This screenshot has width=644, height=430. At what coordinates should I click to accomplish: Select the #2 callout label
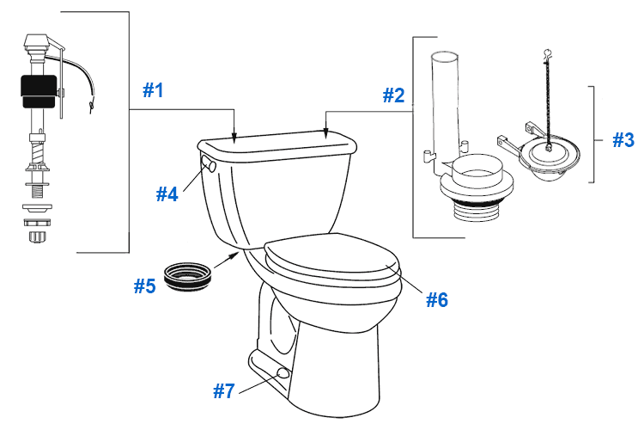click(392, 95)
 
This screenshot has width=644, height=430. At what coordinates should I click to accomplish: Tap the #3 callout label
click(623, 139)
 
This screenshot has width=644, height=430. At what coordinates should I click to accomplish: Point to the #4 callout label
click(167, 193)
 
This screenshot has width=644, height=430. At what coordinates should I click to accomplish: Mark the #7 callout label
click(223, 391)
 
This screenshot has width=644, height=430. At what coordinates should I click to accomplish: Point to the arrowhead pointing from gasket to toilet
click(233, 255)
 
